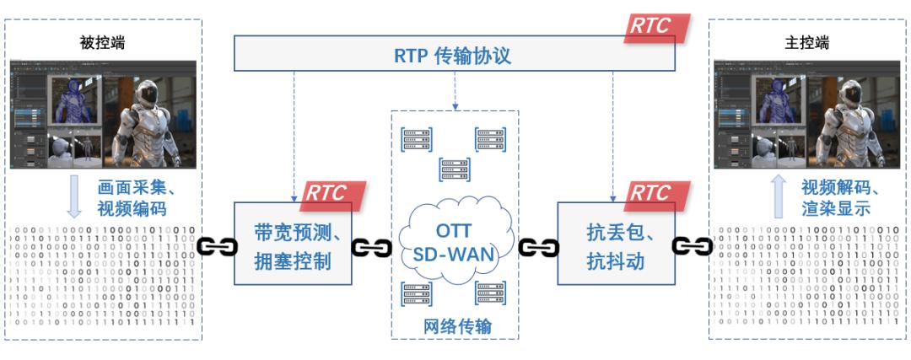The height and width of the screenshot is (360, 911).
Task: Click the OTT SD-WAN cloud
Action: coord(452,240)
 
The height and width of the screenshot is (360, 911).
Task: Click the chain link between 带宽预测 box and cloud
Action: coord(372,248)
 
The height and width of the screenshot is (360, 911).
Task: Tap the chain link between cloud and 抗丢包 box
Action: coord(536,248)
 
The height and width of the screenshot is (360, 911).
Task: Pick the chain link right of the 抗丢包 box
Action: coord(692,248)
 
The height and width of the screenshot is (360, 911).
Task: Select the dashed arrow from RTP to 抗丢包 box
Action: coord(613,135)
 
